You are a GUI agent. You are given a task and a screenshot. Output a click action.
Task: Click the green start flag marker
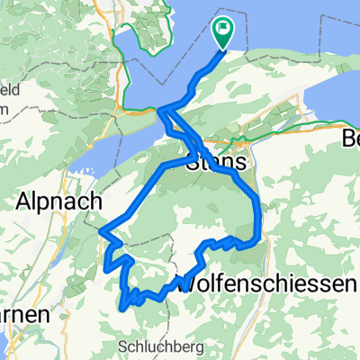pos(222,32)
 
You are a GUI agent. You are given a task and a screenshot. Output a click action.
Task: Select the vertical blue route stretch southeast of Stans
pos(260,216)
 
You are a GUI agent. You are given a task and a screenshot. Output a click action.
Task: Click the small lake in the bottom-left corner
pos(4,346)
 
